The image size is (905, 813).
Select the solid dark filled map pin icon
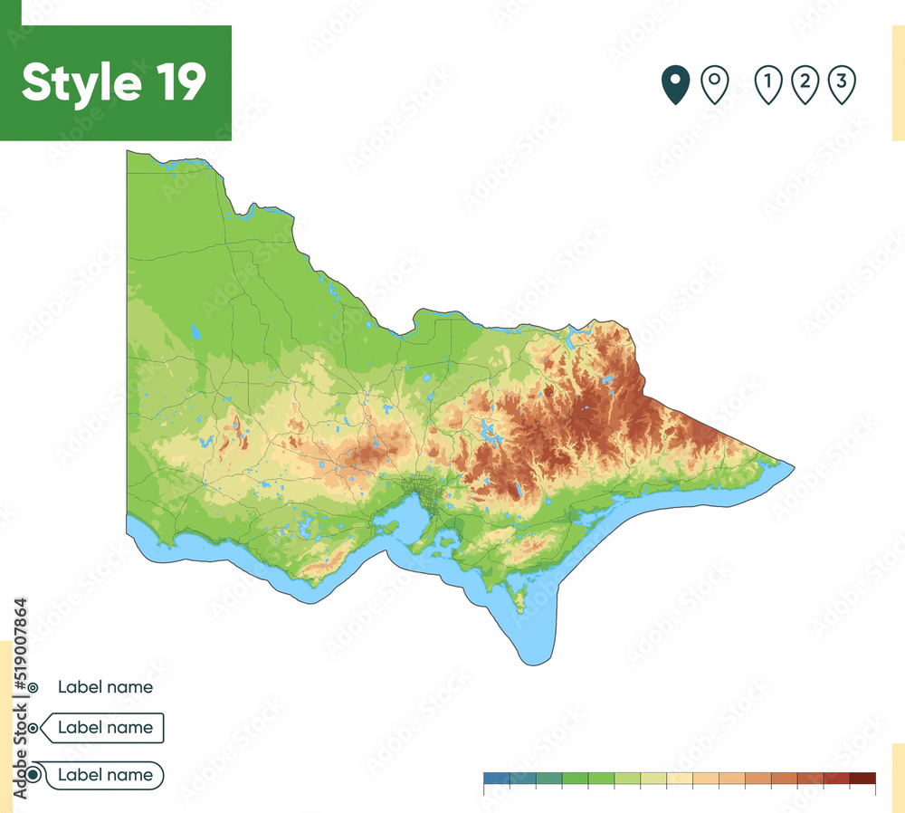click(674, 84)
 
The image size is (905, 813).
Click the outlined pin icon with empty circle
click(715, 84)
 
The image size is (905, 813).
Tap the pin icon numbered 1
click(767, 84)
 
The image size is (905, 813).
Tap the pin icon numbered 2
click(805, 84)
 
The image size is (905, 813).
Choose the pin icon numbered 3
click(842, 84)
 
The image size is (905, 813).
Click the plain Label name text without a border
click(105, 686)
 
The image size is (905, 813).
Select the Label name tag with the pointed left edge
click(105, 727)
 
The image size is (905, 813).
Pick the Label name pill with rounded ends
click(105, 775)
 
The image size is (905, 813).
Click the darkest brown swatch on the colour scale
click(863, 778)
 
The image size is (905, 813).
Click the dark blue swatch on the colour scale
click(497, 778)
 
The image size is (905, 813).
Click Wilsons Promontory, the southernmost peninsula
click(519, 598)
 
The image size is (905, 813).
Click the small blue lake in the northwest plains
click(195, 332)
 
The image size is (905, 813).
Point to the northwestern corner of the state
click(128, 152)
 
